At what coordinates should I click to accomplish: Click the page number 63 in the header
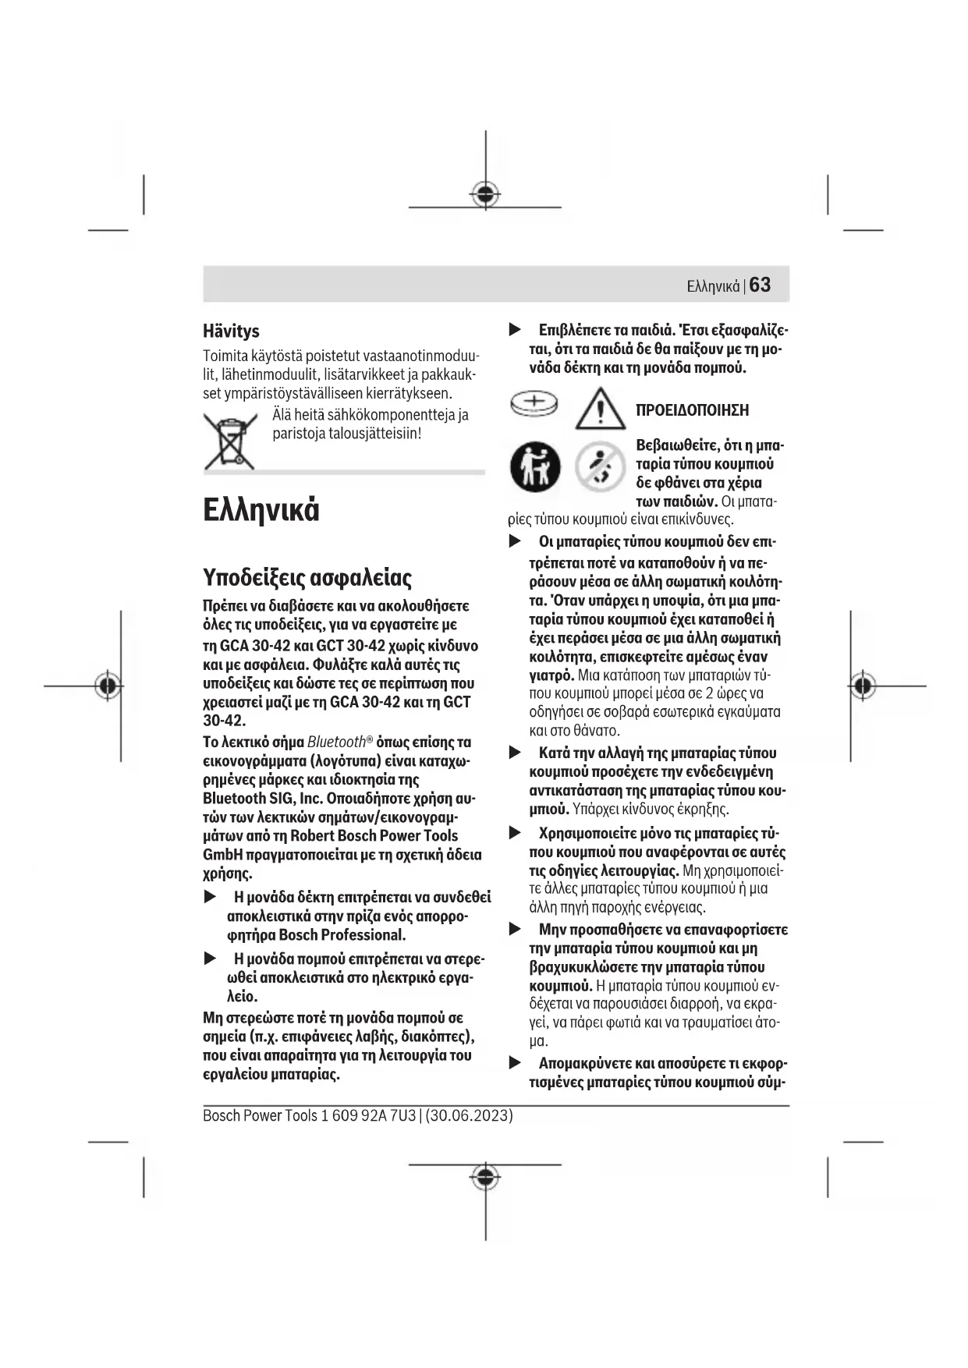(760, 285)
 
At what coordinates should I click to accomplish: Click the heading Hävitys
(231, 331)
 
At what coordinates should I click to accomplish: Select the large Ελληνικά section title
(261, 509)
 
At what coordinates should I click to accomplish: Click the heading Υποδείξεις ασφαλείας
(307, 577)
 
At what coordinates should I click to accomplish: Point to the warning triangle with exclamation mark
(600, 409)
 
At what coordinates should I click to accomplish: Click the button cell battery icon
(534, 403)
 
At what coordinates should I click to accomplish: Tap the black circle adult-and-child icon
(535, 466)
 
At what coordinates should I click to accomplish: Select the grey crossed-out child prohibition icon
(600, 466)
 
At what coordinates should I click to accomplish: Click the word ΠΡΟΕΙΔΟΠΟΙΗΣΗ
(692, 410)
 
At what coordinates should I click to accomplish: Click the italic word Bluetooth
(336, 742)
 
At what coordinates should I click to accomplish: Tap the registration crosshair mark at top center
(485, 193)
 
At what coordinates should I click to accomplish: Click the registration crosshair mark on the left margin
(108, 686)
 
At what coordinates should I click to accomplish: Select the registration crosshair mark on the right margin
(863, 686)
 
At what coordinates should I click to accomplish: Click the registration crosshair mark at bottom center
(485, 1176)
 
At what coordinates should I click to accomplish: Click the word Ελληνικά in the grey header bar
(713, 286)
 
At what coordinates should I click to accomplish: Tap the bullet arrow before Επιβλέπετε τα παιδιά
(515, 330)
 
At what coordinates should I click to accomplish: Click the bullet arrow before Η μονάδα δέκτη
(210, 897)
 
